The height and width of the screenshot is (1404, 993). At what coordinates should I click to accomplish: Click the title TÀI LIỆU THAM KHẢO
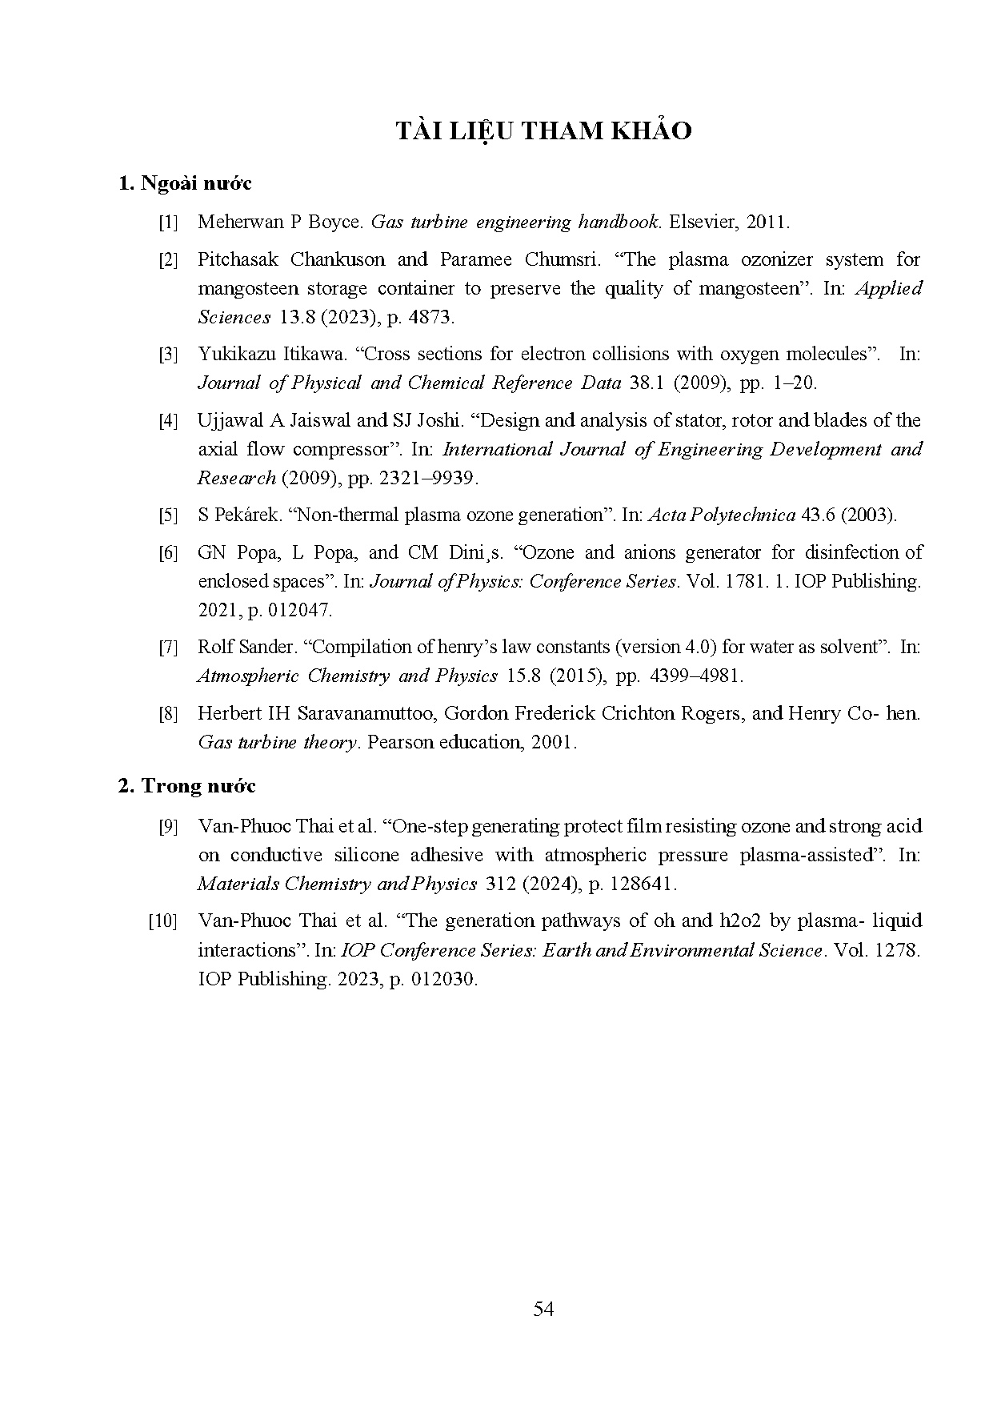coord(543,131)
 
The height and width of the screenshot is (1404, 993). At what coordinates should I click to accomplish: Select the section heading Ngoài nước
coord(195,183)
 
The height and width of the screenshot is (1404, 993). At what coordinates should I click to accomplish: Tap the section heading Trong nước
coord(198,786)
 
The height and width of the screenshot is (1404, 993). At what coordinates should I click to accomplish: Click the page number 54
coord(543,1309)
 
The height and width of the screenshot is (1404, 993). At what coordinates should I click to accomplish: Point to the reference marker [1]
coord(168,223)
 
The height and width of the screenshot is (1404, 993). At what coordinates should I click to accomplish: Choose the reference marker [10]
coord(163,921)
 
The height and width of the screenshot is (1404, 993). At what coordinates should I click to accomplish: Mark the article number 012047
coord(297,610)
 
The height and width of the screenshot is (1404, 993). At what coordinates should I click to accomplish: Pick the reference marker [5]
coord(168,515)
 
